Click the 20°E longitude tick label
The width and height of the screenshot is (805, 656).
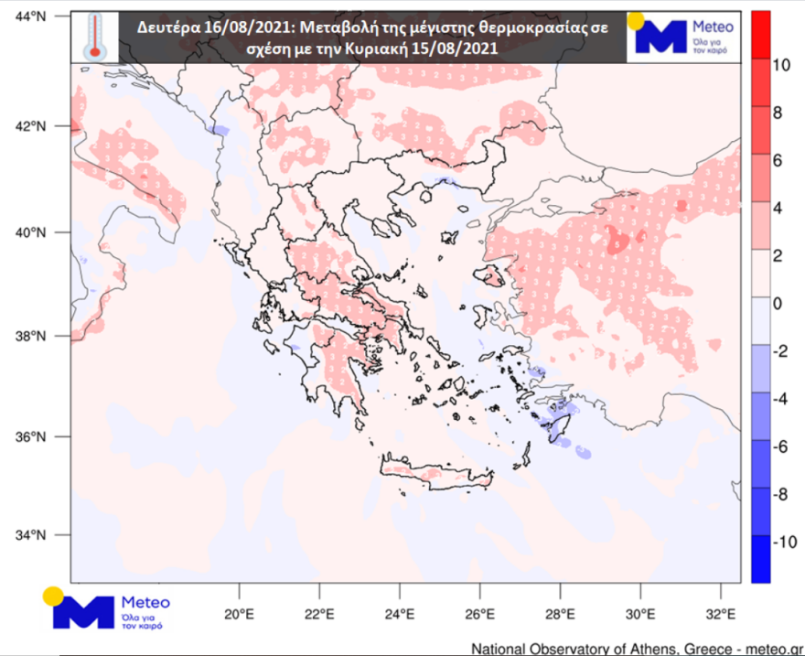coord(239,613)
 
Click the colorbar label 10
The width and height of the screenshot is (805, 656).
coord(781,65)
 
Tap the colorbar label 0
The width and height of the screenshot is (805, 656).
coord(778,304)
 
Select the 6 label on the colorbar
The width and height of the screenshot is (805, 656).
coord(778,161)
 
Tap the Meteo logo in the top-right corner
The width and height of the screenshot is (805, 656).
coord(680,37)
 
